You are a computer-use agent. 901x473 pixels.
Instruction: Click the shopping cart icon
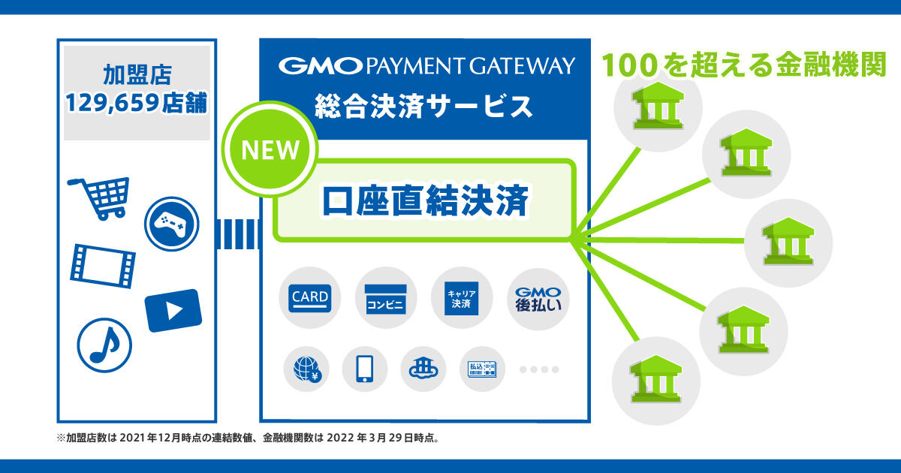pyautogui.click(x=98, y=197)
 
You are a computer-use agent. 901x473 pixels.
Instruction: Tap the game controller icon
pyautogui.click(x=171, y=223)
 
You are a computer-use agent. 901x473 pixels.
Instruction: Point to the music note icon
pyautogui.click(x=104, y=345)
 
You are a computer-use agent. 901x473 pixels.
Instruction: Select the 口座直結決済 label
pyautogui.click(x=426, y=202)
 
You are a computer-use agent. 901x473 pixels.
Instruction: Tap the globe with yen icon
pyautogui.click(x=307, y=369)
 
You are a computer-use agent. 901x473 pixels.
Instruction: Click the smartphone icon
pyautogui.click(x=365, y=369)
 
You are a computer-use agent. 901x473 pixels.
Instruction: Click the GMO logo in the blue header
pyautogui.click(x=320, y=66)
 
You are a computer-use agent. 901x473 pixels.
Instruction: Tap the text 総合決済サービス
pyautogui.click(x=424, y=105)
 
